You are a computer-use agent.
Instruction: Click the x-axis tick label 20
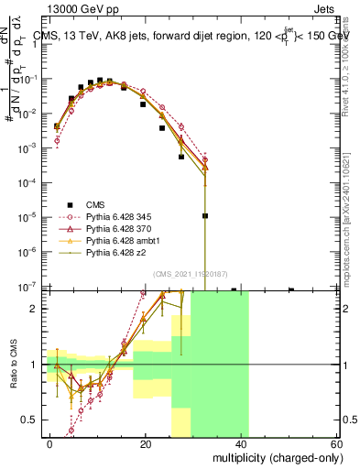pyautogui.click(x=146, y=443)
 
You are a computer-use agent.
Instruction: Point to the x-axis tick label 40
pyautogui.click(x=241, y=443)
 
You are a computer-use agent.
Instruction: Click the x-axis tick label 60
pyautogui.click(x=336, y=443)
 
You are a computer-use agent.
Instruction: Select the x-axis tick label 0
pyautogui.click(x=50, y=443)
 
